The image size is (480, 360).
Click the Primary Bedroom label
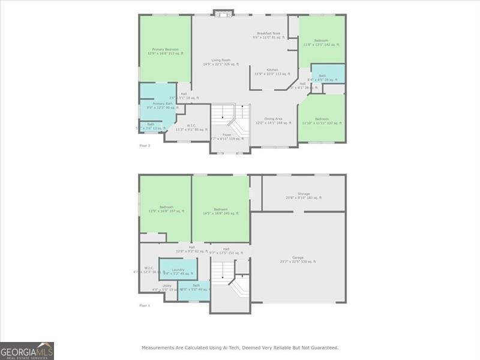pyautogui.click(x=166, y=50)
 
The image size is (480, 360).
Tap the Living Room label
pyautogui.click(x=221, y=60)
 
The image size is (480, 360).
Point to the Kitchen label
pyautogui.click(x=272, y=70)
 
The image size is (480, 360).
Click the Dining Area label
pyautogui.click(x=273, y=119)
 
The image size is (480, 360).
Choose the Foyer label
pyautogui.click(x=227, y=135)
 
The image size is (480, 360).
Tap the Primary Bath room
pyautogui.click(x=158, y=104)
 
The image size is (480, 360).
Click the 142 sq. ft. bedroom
pyautogui.click(x=321, y=41)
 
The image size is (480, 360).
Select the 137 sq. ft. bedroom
pyautogui.click(x=322, y=119)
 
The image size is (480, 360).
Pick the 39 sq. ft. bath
pyautogui.click(x=323, y=76)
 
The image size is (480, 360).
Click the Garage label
pyautogui.click(x=298, y=258)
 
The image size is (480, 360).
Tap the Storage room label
pyautogui.click(x=304, y=194)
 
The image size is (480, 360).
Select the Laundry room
pyautogui.click(x=178, y=270)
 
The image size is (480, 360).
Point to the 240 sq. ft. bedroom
pyautogui.click(x=221, y=209)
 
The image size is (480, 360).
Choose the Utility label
pyautogui.click(x=167, y=286)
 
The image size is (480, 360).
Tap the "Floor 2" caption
pyautogui.click(x=145, y=146)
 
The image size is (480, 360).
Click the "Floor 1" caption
pyautogui.click(x=145, y=305)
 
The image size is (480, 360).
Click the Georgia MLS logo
pyautogui.click(x=27, y=350)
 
